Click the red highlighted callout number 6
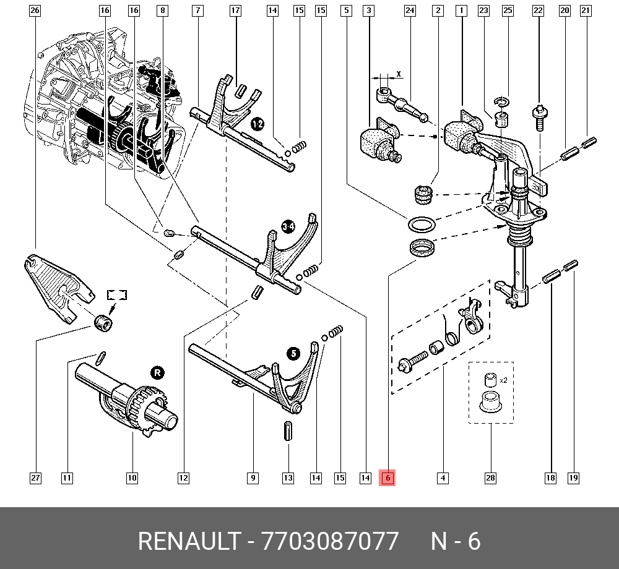(x=387, y=477)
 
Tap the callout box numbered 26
(x=35, y=11)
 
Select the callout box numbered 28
(x=491, y=477)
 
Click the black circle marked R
(x=157, y=372)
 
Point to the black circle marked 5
(x=293, y=354)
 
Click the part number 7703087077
(x=331, y=541)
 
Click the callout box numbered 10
(x=132, y=477)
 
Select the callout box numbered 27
(x=35, y=477)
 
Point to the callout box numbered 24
(x=410, y=11)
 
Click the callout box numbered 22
(x=538, y=11)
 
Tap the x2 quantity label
(x=503, y=380)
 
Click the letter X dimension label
(x=399, y=74)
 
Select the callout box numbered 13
(x=288, y=477)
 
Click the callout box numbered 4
(x=443, y=477)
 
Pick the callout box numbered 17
(x=235, y=11)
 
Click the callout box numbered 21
(x=586, y=11)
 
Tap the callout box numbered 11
(x=67, y=477)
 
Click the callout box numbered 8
(x=162, y=11)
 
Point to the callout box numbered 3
(x=369, y=11)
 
